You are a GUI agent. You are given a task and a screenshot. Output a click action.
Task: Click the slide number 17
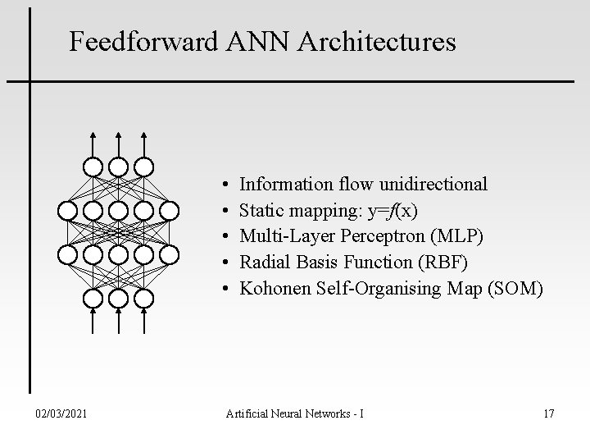pos(548,413)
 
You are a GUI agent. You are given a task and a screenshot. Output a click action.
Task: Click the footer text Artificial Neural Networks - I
pos(294,413)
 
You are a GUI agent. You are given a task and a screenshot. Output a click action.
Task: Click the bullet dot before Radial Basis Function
pos(224,263)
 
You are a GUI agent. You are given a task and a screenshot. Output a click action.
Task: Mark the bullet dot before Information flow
pos(224,184)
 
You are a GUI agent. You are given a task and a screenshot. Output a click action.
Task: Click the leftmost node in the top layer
pos(93,167)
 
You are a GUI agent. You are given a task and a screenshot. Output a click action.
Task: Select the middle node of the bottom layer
pos(119,298)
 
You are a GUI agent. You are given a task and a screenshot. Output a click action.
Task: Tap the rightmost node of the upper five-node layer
pos(169,210)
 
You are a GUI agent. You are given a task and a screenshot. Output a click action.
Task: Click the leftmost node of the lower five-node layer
pos(68,254)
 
